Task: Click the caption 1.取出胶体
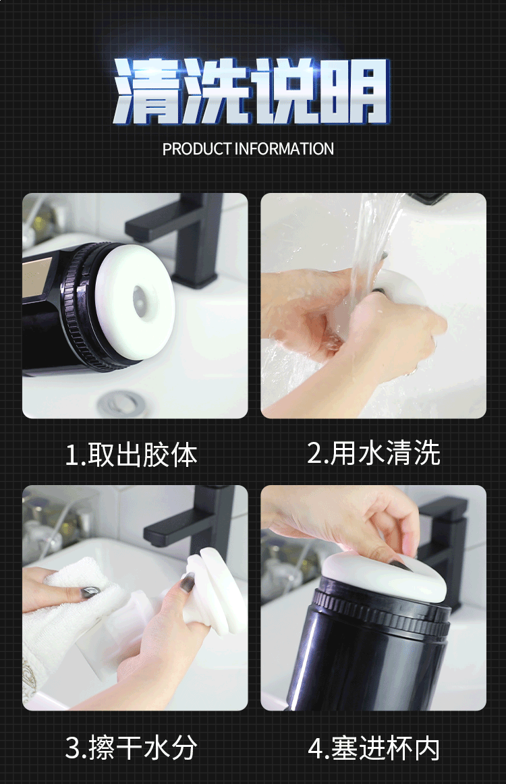[132, 455]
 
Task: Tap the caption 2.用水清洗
[374, 453]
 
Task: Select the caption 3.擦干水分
[132, 748]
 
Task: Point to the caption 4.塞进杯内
[374, 748]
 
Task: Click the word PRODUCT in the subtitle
[197, 149]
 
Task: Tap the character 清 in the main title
[146, 90]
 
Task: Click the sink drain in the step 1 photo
[122, 403]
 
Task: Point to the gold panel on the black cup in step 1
[36, 277]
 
